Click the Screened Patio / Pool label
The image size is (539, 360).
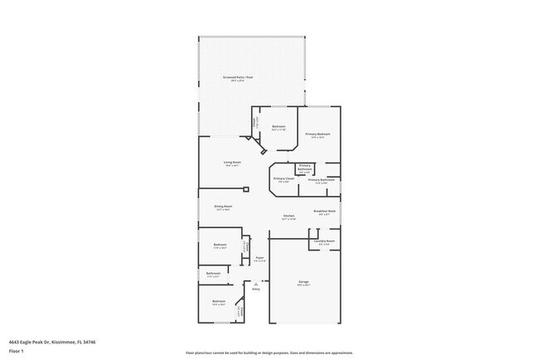click(238, 77)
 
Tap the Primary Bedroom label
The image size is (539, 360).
click(318, 134)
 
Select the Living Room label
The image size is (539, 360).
click(231, 163)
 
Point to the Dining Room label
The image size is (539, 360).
click(223, 207)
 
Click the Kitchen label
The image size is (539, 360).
click(288, 216)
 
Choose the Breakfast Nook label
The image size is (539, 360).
click(324, 212)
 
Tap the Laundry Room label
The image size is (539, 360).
click(323, 241)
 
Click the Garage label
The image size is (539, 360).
click(303, 282)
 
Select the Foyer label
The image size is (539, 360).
click(260, 258)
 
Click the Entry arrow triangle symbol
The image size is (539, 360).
click(256, 283)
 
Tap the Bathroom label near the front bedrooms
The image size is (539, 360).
click(213, 273)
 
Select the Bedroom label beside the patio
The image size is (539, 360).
click(279, 127)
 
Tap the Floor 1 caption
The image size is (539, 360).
click(16, 351)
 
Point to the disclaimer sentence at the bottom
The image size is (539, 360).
click(269, 352)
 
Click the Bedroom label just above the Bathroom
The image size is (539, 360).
click(220, 245)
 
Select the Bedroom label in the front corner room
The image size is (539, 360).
click(218, 301)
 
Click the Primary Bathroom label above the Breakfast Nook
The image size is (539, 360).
click(322, 180)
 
